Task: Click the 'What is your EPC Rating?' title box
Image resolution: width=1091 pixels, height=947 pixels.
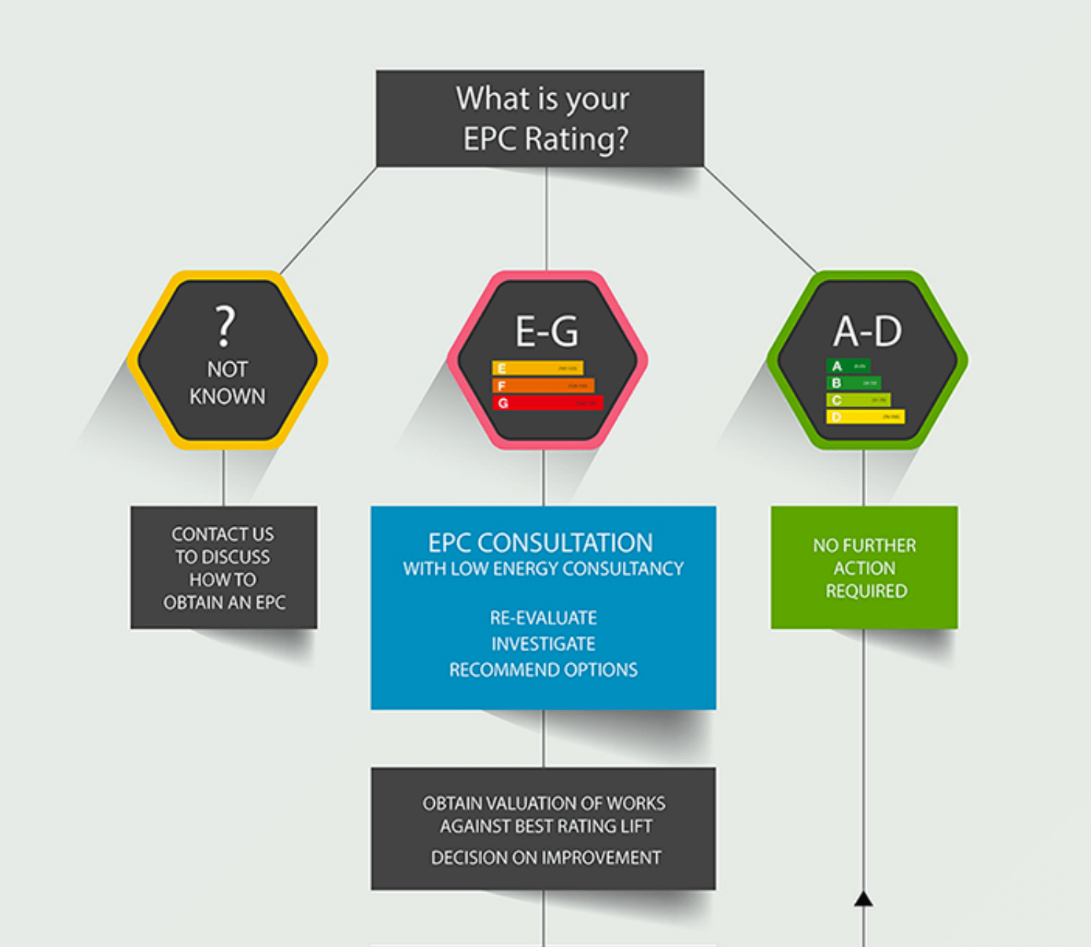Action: click(540, 118)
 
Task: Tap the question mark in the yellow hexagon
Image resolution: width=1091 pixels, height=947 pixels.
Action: click(226, 326)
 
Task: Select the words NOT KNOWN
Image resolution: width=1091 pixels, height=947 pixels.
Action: click(227, 382)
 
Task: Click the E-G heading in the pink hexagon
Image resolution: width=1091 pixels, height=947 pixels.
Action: click(547, 331)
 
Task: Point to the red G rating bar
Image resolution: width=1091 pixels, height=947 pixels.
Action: click(548, 403)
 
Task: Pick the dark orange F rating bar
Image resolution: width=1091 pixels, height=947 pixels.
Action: click(543, 385)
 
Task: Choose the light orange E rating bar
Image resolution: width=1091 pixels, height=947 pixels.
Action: click(537, 368)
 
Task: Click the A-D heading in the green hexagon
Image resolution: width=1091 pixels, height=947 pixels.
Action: click(867, 331)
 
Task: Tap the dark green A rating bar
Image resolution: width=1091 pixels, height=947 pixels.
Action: click(848, 366)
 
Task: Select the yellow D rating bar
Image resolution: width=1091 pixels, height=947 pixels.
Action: click(865, 417)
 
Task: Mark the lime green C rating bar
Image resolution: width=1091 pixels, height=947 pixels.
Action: click(858, 400)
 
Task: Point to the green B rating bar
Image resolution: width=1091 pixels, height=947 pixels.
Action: click(853, 382)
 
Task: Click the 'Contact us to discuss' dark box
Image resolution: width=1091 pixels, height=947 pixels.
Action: click(224, 567)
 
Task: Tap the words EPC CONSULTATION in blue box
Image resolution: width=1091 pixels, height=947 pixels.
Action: click(540, 543)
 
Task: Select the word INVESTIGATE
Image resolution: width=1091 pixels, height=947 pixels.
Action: click(543, 644)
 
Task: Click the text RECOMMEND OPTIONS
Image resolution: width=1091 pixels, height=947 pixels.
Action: click(543, 669)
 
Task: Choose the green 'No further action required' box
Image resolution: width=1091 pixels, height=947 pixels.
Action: click(864, 567)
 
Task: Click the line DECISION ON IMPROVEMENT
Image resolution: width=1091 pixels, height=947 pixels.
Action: click(546, 857)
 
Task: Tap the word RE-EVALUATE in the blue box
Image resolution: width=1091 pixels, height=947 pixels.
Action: click(543, 618)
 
